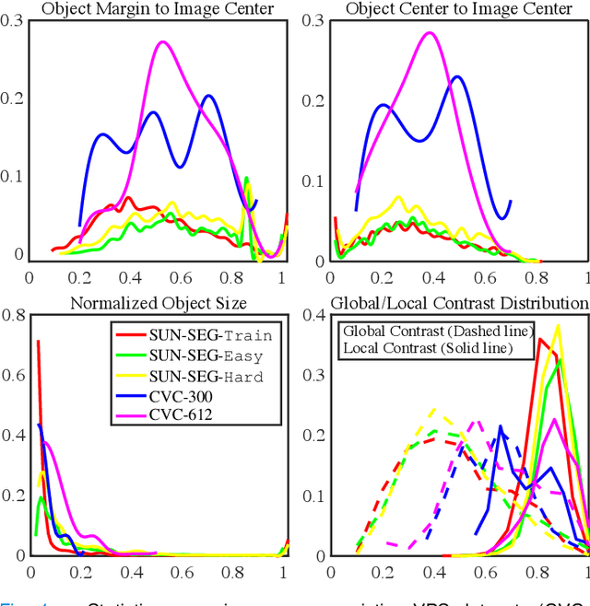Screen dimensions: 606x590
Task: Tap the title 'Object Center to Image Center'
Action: pyautogui.click(x=459, y=9)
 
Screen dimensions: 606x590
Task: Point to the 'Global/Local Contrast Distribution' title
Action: pyautogui.click(x=459, y=302)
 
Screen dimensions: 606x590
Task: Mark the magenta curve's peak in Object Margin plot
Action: pyautogui.click(x=163, y=42)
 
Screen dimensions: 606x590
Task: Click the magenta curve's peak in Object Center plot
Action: pyautogui.click(x=429, y=33)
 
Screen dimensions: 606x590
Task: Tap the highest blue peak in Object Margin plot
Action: pyautogui.click(x=208, y=96)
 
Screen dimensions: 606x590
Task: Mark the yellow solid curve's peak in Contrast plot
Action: pyautogui.click(x=558, y=324)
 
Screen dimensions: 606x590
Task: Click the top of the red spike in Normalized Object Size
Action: pyautogui.click(x=38, y=342)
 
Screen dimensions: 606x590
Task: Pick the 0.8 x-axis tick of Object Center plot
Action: pyautogui.click(x=537, y=276)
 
